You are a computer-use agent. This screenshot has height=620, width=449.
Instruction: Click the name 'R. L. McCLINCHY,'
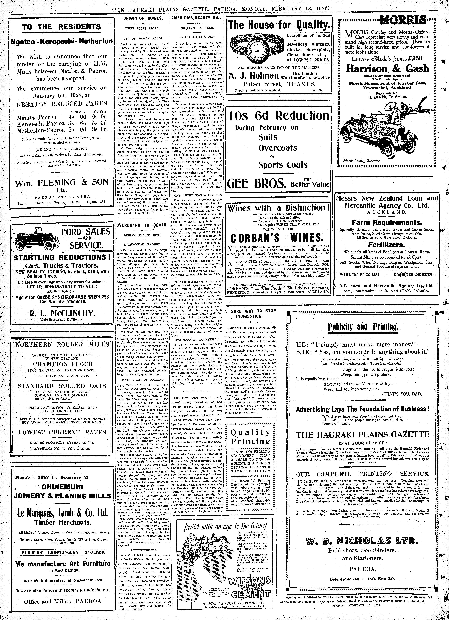tap(62, 313)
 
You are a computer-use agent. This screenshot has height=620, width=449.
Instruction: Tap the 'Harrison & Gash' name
tap(387, 69)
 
